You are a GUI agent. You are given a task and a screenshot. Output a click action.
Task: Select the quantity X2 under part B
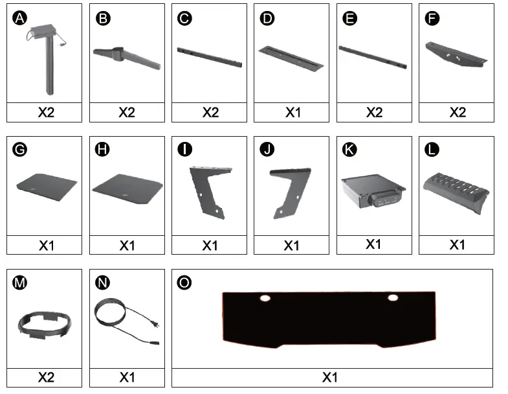[x=127, y=112]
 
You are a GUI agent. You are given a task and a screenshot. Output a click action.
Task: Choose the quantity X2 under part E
[x=374, y=112]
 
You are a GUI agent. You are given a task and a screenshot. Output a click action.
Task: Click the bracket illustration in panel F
[x=456, y=54]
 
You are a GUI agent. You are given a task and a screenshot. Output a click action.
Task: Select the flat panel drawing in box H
[x=127, y=188]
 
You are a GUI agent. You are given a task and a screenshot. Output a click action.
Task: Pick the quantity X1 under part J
[x=291, y=246]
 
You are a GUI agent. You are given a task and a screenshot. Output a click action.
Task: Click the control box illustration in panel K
[x=373, y=192]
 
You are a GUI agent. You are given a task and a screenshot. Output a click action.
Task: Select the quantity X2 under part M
[x=45, y=377]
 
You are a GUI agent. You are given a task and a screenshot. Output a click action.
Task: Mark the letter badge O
[x=184, y=283]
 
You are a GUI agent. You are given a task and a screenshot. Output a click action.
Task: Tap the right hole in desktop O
[x=392, y=298]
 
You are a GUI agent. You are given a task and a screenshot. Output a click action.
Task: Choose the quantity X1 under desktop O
[x=331, y=377]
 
